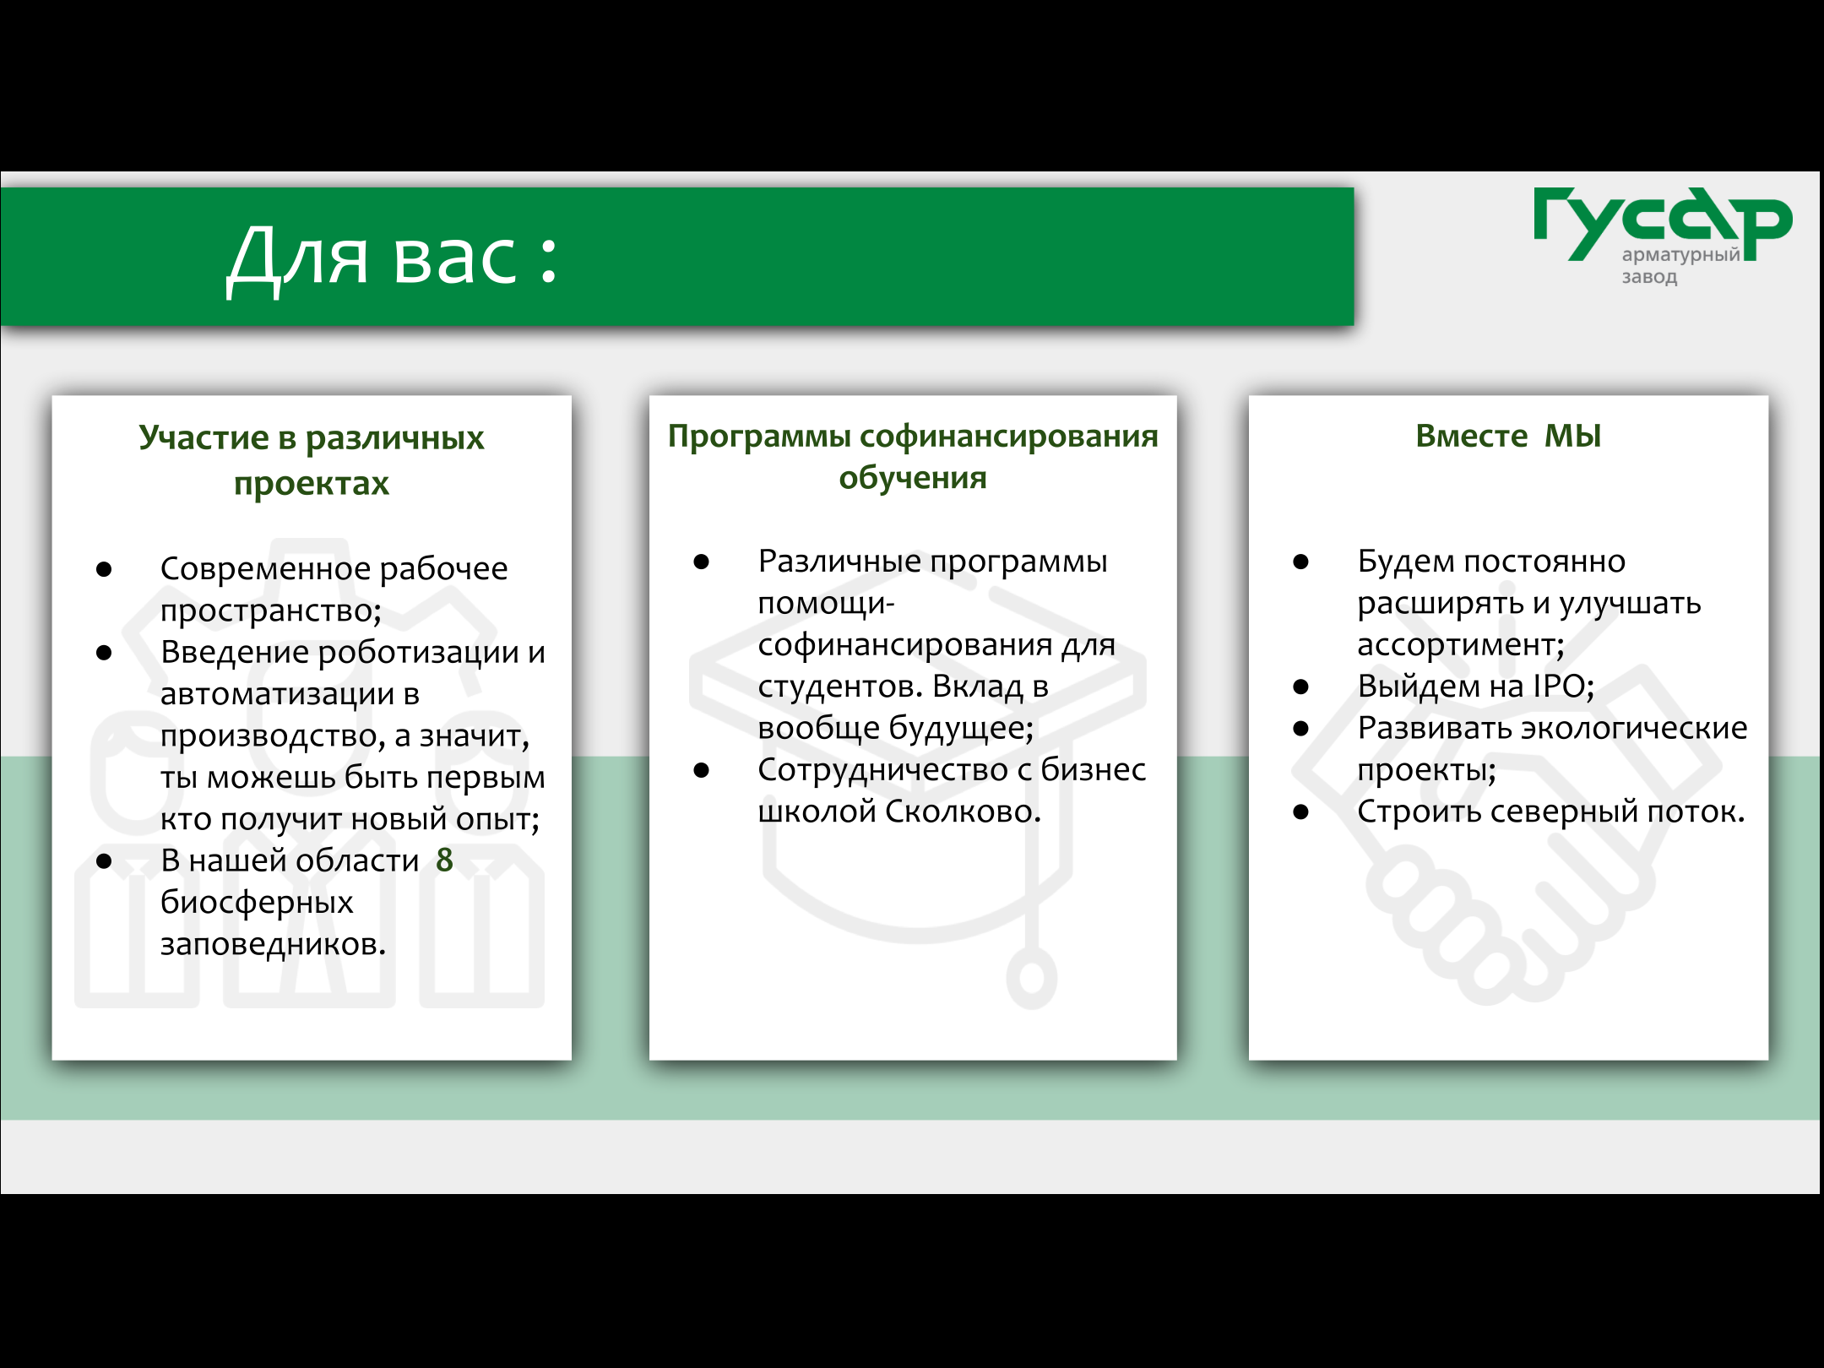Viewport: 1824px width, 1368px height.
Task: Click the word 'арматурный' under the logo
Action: [x=1680, y=255]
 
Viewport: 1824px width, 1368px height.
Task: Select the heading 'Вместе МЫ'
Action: [x=1508, y=436]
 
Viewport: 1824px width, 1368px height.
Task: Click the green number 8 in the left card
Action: [x=444, y=860]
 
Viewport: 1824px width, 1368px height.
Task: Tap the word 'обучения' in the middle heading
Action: [x=912, y=478]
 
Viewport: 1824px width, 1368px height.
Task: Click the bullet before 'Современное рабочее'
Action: [x=104, y=569]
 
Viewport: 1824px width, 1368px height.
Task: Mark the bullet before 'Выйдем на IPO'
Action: [x=1300, y=687]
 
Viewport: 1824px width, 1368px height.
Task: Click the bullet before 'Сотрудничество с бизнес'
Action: [x=701, y=770]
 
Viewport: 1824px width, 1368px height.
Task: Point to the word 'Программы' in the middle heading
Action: [x=759, y=437]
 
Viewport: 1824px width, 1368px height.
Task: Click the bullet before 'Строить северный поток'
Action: [x=1300, y=812]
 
